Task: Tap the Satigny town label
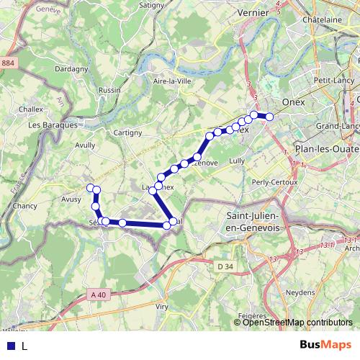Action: (151, 4)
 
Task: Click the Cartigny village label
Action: (128, 132)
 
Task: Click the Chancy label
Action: (25, 207)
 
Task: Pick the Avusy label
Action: (71, 199)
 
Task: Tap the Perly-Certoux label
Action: (274, 182)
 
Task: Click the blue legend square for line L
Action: (10, 346)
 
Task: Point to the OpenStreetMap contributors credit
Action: (297, 323)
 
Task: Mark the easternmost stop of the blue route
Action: (269, 117)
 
